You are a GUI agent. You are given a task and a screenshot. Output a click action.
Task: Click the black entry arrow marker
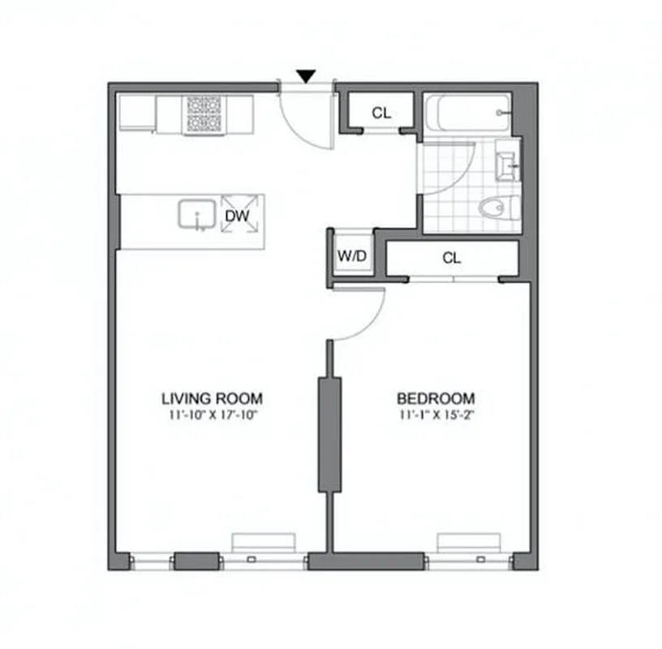coord(305,75)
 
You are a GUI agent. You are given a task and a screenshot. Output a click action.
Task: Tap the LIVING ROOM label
coord(212,398)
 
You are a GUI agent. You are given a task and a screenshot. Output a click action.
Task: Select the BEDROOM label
coord(435,398)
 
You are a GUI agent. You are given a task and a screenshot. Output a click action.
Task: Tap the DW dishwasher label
coord(237,216)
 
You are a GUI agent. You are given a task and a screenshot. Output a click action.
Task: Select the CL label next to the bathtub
coord(381,114)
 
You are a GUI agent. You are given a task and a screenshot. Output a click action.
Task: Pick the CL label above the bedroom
coord(452,259)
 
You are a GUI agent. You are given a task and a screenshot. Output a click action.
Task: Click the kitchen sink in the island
coord(196,215)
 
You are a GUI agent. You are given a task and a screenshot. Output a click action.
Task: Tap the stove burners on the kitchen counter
coord(204,114)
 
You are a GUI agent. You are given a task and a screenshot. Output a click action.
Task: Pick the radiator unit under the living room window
coord(264,542)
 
